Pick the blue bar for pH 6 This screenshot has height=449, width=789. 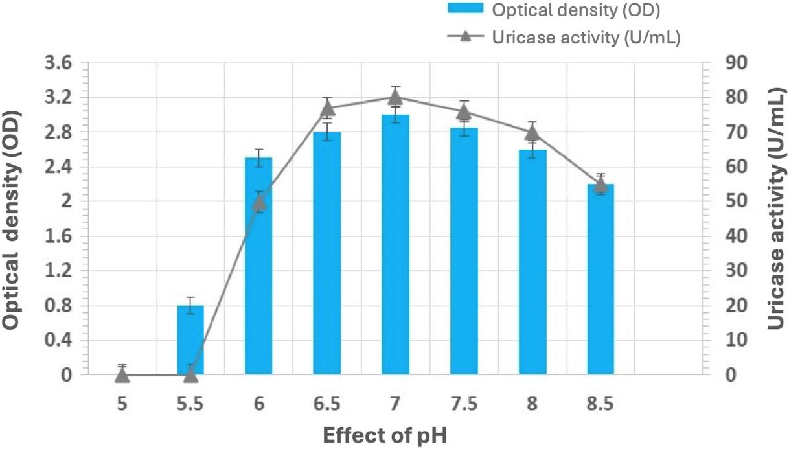pyautogui.click(x=258, y=272)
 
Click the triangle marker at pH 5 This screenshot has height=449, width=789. pyautogui.click(x=122, y=374)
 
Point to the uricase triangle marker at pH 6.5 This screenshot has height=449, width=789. pyautogui.click(x=327, y=108)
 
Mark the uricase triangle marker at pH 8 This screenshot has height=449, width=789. pyautogui.click(x=532, y=133)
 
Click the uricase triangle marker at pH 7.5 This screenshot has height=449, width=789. pyautogui.click(x=464, y=111)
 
